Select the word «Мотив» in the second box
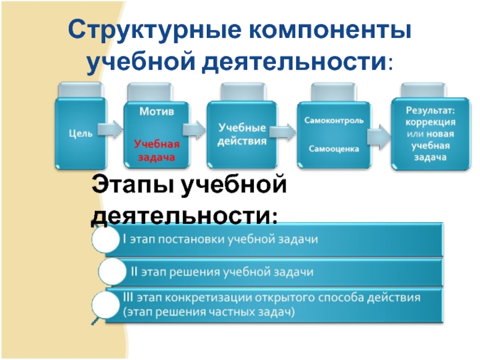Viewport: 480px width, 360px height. (x=157, y=112)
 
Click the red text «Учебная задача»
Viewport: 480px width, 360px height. (x=157, y=151)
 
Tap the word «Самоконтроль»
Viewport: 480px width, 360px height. (x=334, y=121)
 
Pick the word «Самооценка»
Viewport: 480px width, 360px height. (x=334, y=148)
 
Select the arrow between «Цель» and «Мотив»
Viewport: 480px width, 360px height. (x=111, y=128)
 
